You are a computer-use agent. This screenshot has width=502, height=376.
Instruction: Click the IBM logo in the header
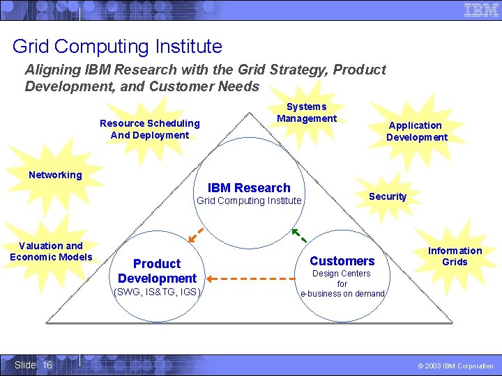tap(481, 10)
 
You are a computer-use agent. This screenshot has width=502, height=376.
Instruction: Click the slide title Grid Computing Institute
tap(117, 47)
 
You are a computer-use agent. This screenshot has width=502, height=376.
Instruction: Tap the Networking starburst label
tap(55, 175)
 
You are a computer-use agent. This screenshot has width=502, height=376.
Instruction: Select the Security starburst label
tap(388, 196)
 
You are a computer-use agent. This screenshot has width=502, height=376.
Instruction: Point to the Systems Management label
tap(307, 113)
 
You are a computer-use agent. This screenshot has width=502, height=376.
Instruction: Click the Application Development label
tap(416, 131)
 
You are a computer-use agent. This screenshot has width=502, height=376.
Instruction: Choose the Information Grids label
tap(455, 256)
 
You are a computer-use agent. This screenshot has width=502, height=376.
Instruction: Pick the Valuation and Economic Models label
tap(51, 251)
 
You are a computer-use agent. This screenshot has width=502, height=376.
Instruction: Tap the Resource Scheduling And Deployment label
tap(150, 130)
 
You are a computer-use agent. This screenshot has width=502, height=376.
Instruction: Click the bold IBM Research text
tap(249, 188)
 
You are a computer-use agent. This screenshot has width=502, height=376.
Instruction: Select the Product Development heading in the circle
tap(157, 271)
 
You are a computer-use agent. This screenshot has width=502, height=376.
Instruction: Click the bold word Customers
tap(342, 261)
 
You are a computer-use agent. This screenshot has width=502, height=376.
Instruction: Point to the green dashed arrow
tap(299, 235)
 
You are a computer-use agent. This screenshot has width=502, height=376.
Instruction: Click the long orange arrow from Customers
tap(251, 279)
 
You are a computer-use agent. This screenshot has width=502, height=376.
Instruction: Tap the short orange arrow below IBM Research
tap(196, 235)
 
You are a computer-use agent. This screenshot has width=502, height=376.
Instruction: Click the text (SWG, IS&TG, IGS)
tap(157, 292)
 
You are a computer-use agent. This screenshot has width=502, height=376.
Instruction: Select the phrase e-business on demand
tap(342, 294)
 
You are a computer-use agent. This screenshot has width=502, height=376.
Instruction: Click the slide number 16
tap(47, 365)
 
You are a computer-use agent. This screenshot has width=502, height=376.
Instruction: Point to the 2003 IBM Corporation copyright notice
tap(455, 366)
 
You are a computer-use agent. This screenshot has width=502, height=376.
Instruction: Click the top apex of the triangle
tap(249, 113)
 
